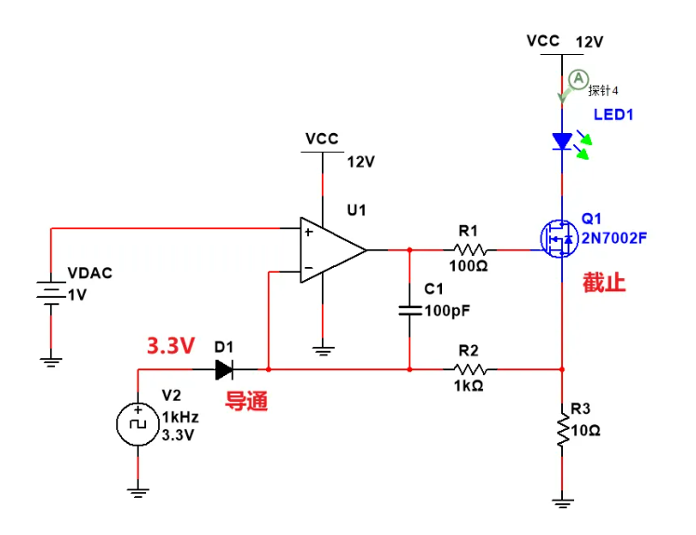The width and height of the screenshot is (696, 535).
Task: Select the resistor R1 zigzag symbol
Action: pyautogui.click(x=470, y=250)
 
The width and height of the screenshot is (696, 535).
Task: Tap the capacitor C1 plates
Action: pyautogui.click(x=409, y=309)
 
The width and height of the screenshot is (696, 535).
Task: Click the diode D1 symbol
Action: pyautogui.click(x=224, y=370)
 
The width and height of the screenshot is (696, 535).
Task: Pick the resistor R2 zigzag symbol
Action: pyautogui.click(x=470, y=370)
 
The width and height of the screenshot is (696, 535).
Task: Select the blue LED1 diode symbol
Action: pyautogui.click(x=562, y=141)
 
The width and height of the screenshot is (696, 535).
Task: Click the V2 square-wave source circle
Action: pyautogui.click(x=138, y=423)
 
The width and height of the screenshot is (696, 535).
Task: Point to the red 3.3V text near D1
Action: pyautogui.click(x=170, y=346)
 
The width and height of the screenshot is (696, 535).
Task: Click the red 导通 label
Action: pyautogui.click(x=246, y=402)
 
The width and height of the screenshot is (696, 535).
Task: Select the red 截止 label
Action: pyautogui.click(x=604, y=283)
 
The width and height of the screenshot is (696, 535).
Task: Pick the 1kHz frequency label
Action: pyautogui.click(x=180, y=417)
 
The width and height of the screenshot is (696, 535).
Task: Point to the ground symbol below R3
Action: pyautogui.click(x=562, y=503)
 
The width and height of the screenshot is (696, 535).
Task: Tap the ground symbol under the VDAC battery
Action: pyautogui.click(x=52, y=358)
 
